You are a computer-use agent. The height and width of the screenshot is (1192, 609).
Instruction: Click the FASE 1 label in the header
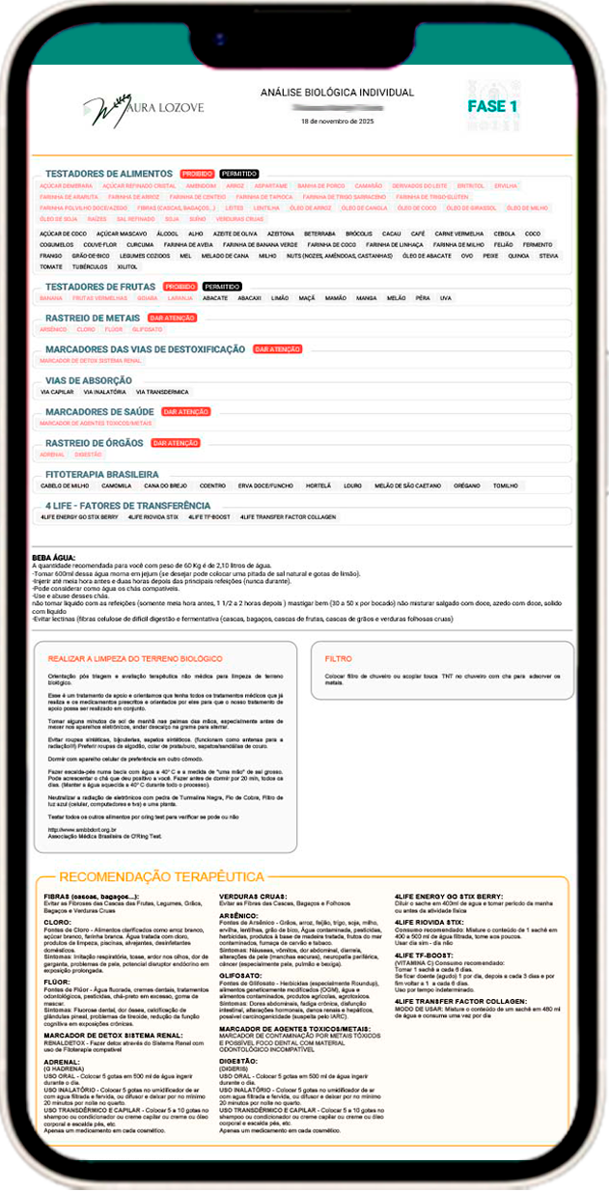click(x=492, y=105)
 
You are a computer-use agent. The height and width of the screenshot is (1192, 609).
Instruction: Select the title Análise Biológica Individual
click(x=337, y=93)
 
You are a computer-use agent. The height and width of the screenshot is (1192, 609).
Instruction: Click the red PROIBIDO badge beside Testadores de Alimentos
click(x=197, y=174)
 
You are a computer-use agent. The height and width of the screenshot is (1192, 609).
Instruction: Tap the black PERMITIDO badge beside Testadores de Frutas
click(x=221, y=287)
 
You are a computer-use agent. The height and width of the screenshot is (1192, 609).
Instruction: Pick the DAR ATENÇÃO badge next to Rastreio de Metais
click(x=172, y=318)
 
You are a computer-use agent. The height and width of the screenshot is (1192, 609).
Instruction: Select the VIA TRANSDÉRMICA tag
click(x=162, y=392)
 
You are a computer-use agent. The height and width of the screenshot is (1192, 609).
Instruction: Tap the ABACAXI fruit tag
click(x=250, y=298)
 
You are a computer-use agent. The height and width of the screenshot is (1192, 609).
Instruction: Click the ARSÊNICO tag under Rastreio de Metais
click(x=53, y=329)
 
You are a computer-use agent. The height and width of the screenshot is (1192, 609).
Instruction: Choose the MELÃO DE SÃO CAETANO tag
click(x=402, y=485)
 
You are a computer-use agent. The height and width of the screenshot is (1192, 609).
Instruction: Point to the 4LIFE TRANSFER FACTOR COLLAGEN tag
click(x=288, y=517)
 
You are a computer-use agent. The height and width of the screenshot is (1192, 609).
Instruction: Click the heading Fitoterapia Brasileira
click(x=101, y=474)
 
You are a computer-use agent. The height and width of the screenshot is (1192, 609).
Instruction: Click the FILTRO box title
click(x=339, y=660)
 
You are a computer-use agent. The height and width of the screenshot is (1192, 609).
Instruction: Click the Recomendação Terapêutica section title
click(x=161, y=876)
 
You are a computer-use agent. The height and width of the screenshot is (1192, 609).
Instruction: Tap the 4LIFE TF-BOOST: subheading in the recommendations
click(x=426, y=955)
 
